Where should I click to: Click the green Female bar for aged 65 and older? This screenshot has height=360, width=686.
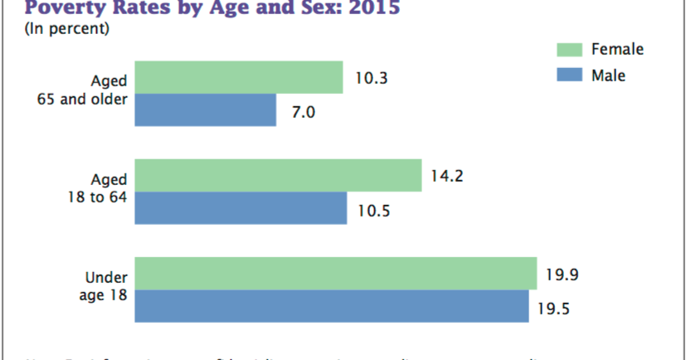[238, 77]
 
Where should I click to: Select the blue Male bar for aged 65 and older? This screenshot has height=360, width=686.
[205, 109]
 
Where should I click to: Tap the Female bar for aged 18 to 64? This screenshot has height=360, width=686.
[278, 175]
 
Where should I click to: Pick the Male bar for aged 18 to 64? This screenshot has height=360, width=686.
[241, 208]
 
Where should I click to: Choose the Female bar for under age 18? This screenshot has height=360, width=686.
[336, 273]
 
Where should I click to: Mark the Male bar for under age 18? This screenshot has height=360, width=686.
[332, 305]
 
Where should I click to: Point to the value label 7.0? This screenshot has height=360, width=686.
[303, 112]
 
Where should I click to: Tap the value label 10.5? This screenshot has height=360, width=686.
[374, 209]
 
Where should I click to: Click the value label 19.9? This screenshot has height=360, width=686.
[562, 274]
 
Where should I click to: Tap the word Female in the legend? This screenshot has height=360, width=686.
[617, 49]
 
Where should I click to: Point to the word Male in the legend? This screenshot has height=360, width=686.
[608, 75]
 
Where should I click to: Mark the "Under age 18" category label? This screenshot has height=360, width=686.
[103, 285]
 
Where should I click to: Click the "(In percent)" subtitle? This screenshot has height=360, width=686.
[66, 30]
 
